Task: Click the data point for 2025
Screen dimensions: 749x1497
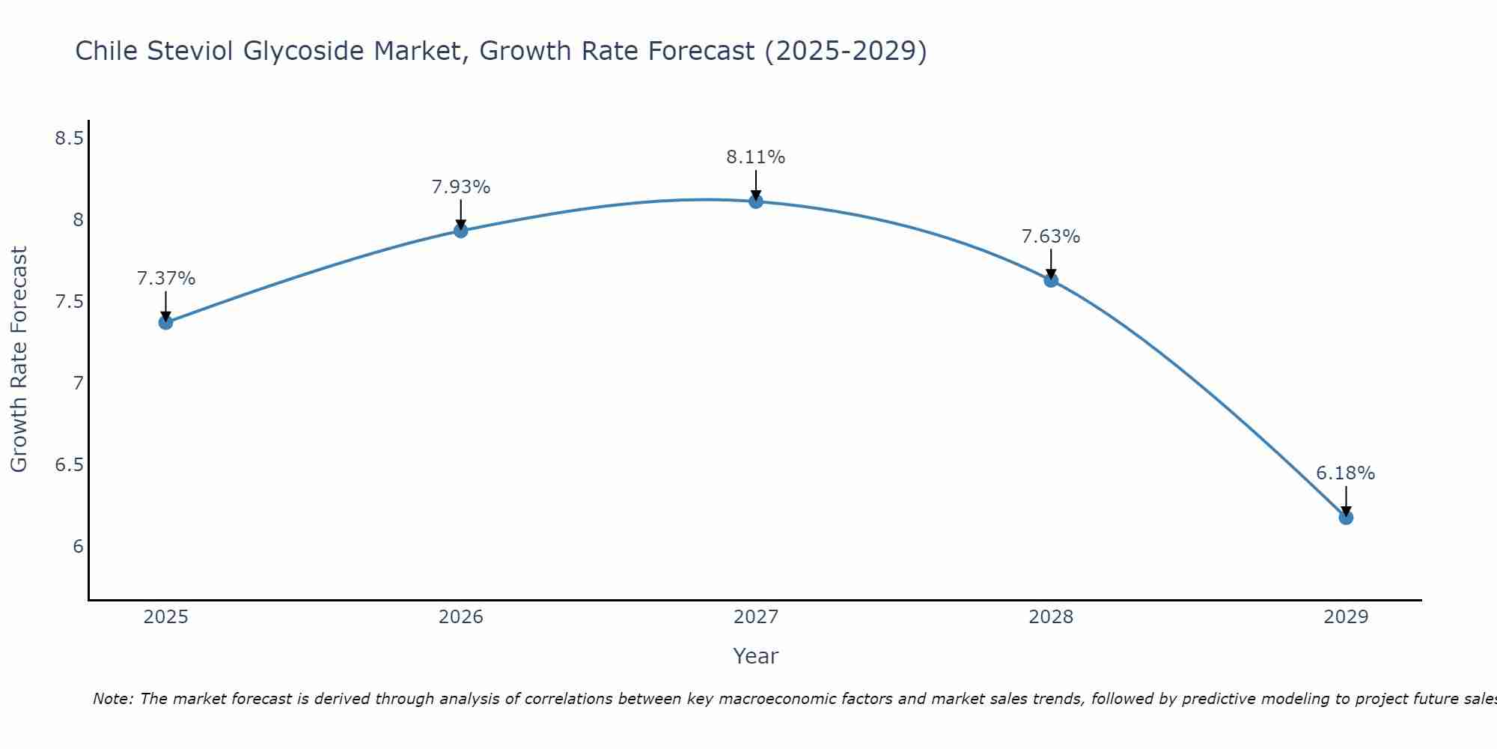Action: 165,322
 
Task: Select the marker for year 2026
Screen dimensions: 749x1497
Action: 460,231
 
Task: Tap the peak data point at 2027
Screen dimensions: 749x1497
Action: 756,201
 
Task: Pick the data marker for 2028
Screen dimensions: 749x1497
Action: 1051,280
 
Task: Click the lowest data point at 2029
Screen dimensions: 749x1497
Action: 1346,517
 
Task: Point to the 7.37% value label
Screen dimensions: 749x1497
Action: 166,279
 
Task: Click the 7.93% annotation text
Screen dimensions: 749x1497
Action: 460,187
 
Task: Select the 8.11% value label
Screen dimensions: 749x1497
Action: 756,157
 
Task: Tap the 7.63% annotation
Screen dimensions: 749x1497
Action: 1051,237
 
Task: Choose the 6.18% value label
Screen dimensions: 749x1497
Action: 1346,473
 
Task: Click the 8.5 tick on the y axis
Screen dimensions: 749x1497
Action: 69,139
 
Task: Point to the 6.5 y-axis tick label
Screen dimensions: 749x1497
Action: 69,465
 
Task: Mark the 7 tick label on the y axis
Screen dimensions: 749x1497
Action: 78,383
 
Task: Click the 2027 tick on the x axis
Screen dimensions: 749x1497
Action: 756,617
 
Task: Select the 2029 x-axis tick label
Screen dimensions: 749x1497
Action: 1346,617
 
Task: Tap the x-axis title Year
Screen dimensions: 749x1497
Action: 756,656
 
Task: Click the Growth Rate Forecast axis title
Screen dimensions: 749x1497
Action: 19,360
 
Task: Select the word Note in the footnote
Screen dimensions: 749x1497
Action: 112,699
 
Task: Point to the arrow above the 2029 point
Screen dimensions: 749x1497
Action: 1346,500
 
